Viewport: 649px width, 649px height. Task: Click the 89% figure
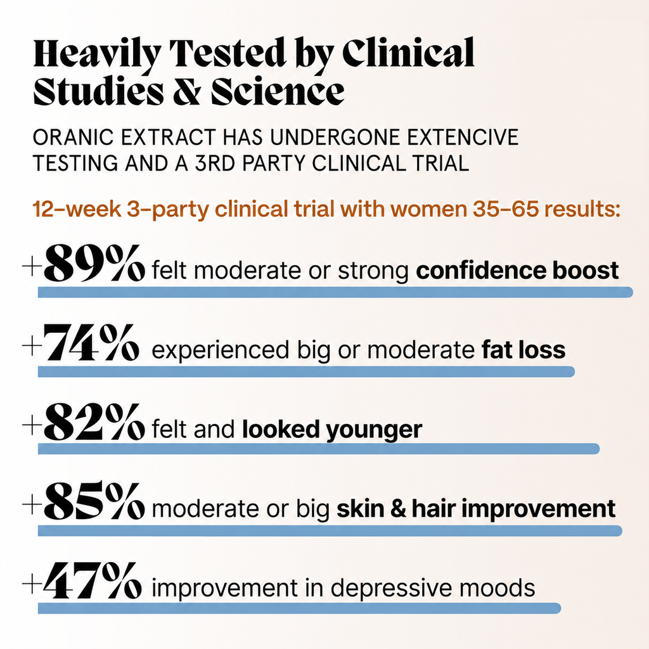point(94,263)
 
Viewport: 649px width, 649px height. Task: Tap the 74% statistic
point(91,343)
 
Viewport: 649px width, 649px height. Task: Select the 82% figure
point(94,421)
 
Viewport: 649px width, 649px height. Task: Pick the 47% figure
point(93,581)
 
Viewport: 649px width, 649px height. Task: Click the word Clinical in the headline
point(409,53)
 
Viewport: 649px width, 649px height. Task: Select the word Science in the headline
point(278,91)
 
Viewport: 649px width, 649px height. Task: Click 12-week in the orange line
point(77,209)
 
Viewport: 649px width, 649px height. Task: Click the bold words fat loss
point(524,350)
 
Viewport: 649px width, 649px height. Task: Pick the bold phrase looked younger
point(332,430)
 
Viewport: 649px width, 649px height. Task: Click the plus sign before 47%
point(32,584)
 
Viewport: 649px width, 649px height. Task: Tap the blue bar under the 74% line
point(306,371)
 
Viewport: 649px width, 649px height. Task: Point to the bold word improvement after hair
point(539,509)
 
